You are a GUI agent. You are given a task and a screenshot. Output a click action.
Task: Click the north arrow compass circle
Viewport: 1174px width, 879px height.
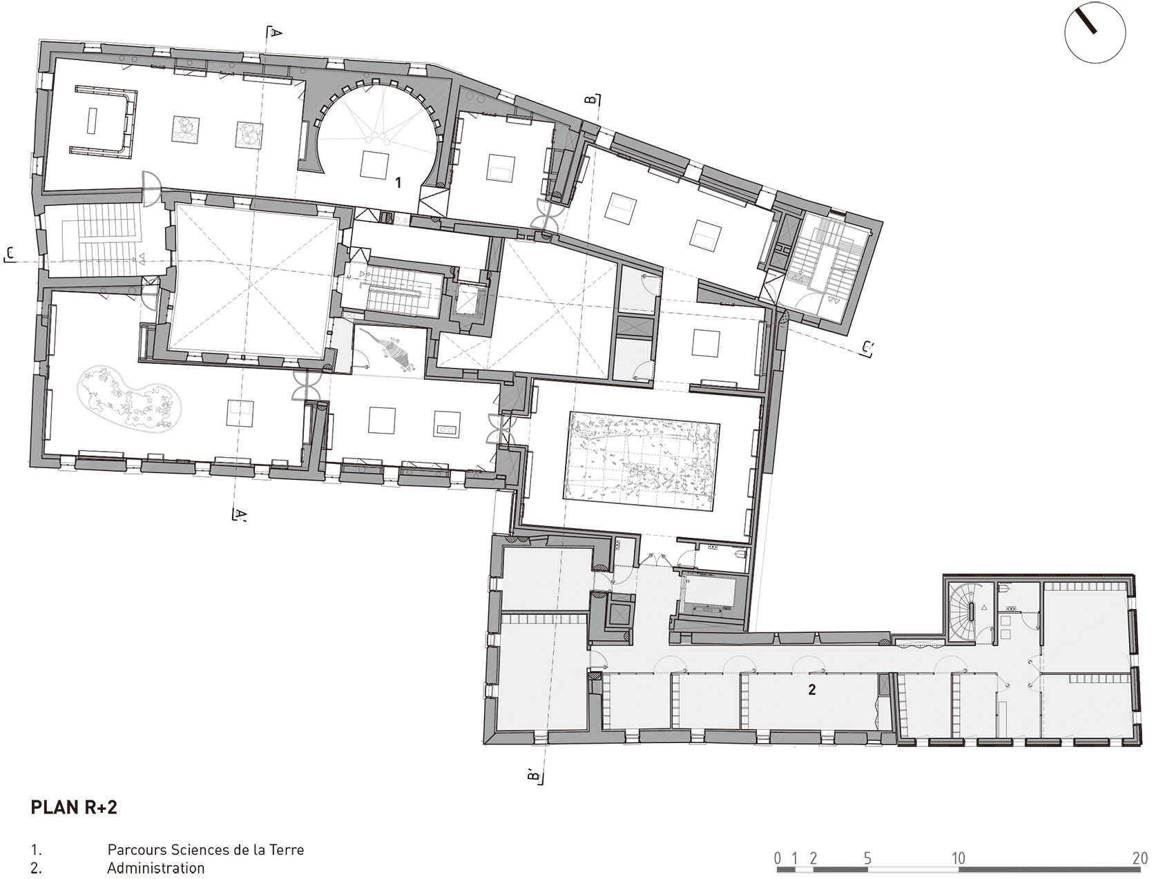pyautogui.click(x=1095, y=33)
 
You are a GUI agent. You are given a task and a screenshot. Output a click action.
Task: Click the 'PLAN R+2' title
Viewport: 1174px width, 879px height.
pyautogui.click(x=74, y=807)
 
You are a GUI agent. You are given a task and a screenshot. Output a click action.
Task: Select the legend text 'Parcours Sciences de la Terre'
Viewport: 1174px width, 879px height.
pyautogui.click(x=205, y=849)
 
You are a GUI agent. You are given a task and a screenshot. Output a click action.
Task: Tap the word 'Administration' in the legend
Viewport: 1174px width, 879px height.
pyautogui.click(x=155, y=868)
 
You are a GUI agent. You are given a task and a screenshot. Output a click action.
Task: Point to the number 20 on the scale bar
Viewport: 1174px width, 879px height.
pyautogui.click(x=1140, y=858)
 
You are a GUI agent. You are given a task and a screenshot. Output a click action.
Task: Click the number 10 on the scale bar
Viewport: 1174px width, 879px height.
pyautogui.click(x=958, y=858)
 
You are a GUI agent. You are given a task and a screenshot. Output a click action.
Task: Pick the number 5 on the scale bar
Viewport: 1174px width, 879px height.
pyautogui.click(x=867, y=858)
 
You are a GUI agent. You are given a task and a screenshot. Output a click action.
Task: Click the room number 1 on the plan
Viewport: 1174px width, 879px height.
pyautogui.click(x=398, y=182)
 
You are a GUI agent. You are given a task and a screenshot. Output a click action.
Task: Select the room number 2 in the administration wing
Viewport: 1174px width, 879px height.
pyautogui.click(x=812, y=689)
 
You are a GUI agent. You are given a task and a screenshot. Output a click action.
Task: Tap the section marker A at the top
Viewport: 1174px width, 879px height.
pyautogui.click(x=275, y=32)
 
